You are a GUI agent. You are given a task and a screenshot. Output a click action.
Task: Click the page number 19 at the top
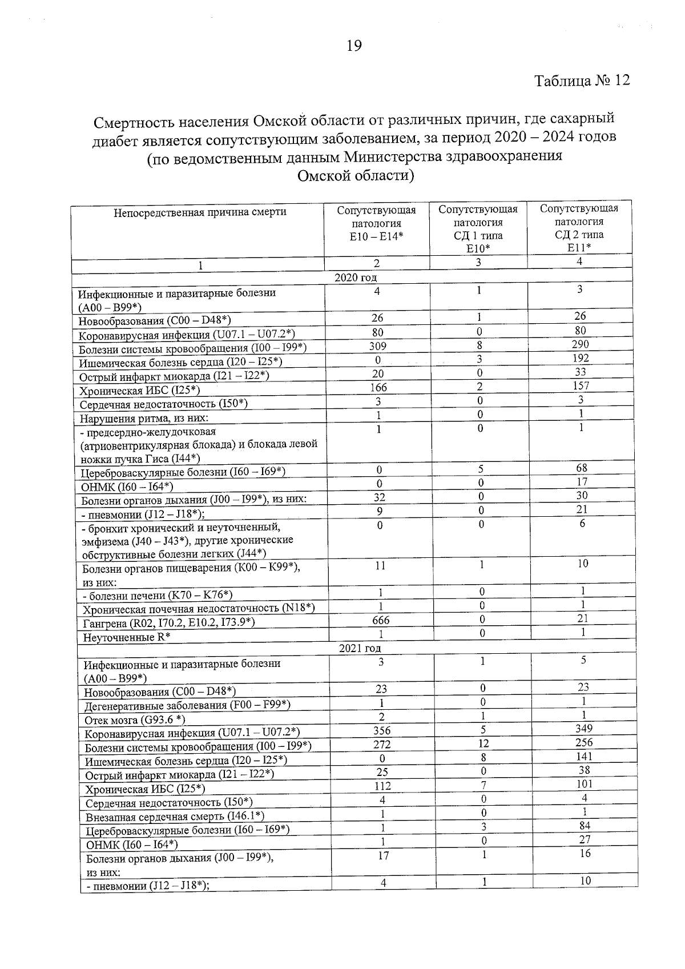click(354, 46)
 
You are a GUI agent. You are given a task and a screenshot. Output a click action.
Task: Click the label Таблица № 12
click(582, 81)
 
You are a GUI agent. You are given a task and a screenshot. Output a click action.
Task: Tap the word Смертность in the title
click(135, 122)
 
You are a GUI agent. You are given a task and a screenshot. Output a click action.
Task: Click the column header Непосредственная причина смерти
click(200, 212)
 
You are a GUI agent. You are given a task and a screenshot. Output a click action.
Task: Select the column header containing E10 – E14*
click(376, 223)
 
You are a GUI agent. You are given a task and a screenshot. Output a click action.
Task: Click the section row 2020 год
click(356, 278)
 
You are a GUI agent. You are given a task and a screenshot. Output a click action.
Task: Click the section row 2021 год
click(360, 648)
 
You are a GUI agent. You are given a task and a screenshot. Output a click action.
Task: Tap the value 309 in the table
click(377, 346)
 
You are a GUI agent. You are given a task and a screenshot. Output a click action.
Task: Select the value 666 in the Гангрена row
click(381, 620)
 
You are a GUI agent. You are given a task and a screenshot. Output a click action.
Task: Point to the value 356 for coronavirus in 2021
click(381, 730)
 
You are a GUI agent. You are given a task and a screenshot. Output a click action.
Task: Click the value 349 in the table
click(584, 728)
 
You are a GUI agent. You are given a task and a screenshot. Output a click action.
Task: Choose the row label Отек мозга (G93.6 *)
click(135, 719)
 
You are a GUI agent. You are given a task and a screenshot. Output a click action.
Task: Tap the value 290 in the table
click(580, 344)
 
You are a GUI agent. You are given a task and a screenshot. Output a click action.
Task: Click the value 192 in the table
click(580, 359)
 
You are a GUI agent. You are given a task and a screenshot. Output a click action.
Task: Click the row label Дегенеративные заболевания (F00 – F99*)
click(188, 705)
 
